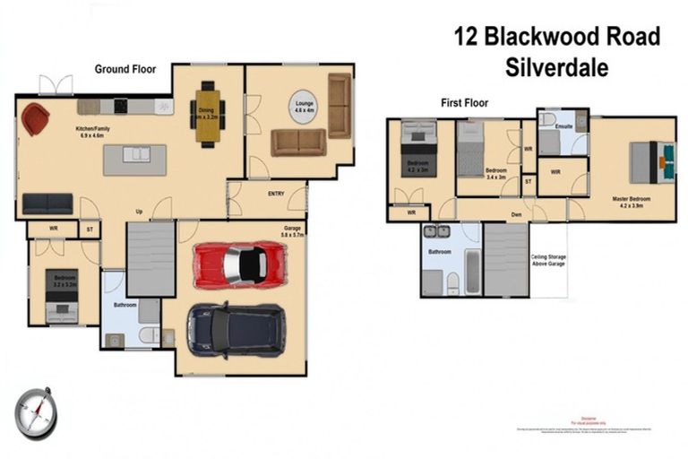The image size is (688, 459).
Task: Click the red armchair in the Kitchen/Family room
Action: [35, 118]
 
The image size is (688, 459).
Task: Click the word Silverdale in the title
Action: [556, 66]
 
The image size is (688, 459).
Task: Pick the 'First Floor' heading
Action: [464, 103]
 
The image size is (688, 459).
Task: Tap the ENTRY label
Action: [276, 194]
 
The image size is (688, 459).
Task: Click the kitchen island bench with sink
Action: [135, 159]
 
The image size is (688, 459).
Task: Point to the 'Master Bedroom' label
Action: [631, 199]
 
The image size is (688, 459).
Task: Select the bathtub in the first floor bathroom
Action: [472, 271]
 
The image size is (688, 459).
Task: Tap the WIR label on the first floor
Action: [555, 171]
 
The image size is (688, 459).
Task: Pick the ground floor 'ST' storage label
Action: [90, 230]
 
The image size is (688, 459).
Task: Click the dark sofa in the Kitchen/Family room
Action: [47, 204]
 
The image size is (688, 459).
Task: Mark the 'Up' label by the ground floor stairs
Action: [139, 212]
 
